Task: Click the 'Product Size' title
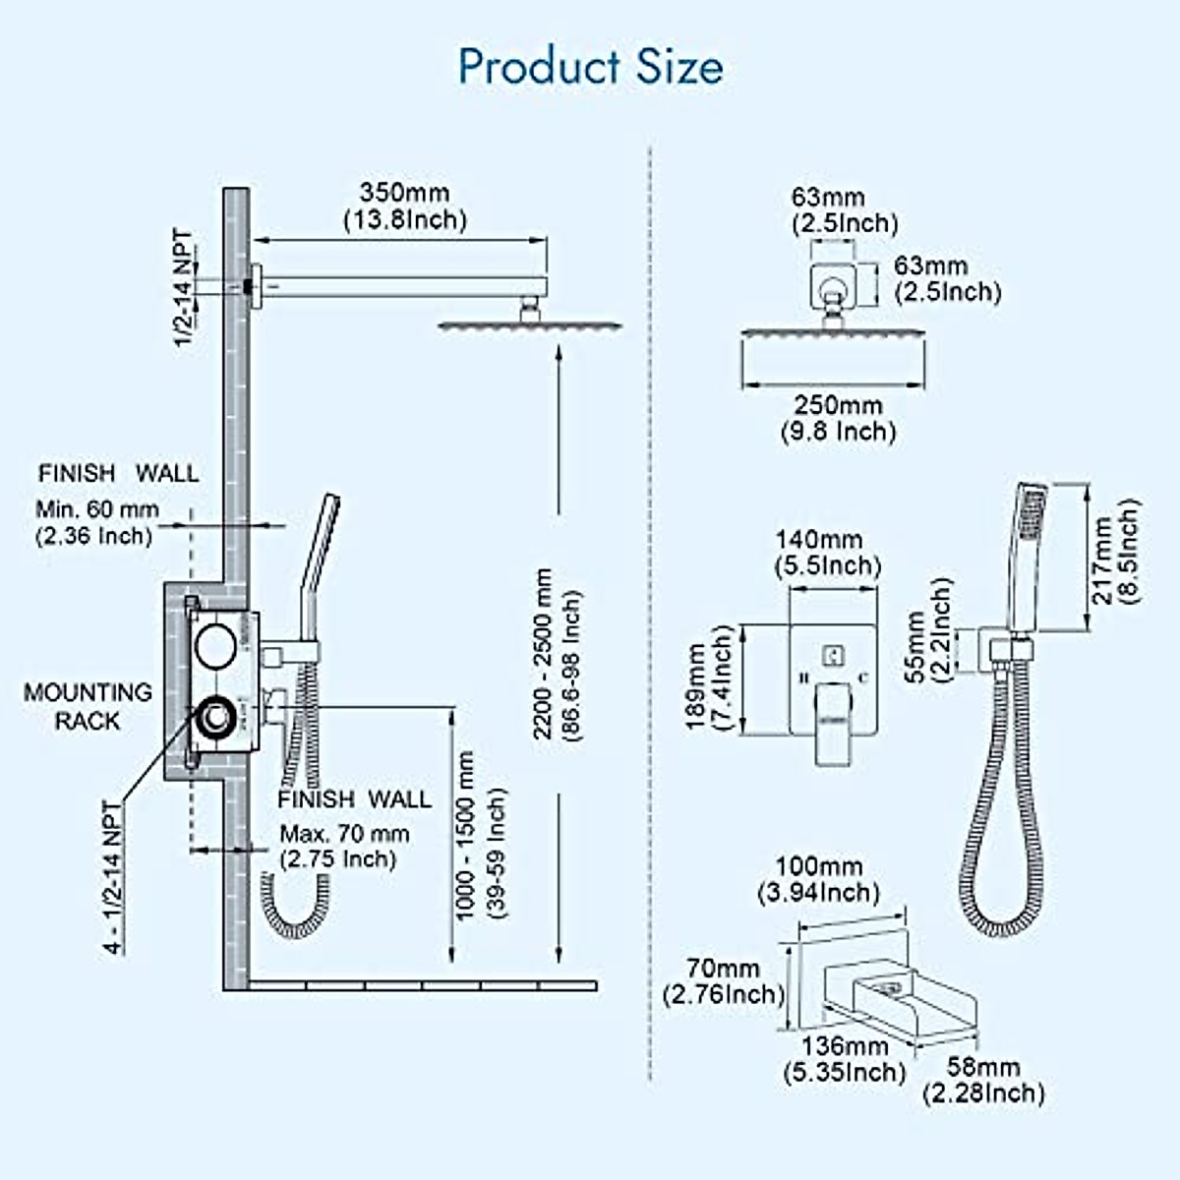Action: click(x=590, y=67)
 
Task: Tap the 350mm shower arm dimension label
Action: click(x=404, y=206)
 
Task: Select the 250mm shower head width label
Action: click(x=838, y=418)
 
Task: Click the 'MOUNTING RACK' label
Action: click(x=88, y=706)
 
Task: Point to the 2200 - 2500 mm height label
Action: click(x=556, y=654)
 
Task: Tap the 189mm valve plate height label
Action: click(x=709, y=678)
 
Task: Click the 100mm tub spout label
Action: click(x=818, y=879)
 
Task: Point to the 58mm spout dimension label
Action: click(x=983, y=1079)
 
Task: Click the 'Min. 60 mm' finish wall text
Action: click(x=96, y=522)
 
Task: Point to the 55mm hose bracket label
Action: click(x=928, y=630)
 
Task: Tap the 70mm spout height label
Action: click(x=723, y=981)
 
